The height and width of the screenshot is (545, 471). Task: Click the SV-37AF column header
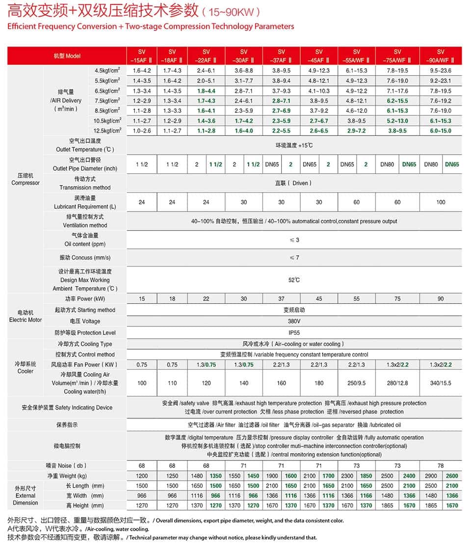(281, 56)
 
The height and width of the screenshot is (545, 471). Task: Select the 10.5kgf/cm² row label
(107, 121)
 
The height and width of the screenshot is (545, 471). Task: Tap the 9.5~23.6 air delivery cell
(441, 71)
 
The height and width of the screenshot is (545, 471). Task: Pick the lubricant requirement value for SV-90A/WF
(441, 202)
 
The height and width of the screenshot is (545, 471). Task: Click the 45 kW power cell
(319, 299)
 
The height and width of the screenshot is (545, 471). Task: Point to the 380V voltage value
(294, 321)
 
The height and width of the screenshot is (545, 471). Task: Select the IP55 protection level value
(294, 332)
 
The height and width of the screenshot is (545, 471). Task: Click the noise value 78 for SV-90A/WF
(441, 465)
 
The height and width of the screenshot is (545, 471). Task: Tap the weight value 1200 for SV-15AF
(142, 476)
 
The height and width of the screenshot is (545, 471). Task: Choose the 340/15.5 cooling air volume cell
(441, 383)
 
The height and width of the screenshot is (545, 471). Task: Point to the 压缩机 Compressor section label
(26, 179)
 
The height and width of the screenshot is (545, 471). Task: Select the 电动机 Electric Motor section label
(26, 316)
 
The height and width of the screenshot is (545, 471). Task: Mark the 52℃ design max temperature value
(294, 280)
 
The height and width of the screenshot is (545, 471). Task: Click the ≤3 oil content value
(294, 240)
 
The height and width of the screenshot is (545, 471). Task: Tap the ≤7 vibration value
(294, 258)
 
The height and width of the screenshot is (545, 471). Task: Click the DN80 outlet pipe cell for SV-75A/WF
(387, 164)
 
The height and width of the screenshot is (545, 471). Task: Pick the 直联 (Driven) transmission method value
(294, 183)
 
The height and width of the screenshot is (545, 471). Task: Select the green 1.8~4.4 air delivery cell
(206, 91)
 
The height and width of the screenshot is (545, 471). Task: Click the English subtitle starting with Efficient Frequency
(151, 26)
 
